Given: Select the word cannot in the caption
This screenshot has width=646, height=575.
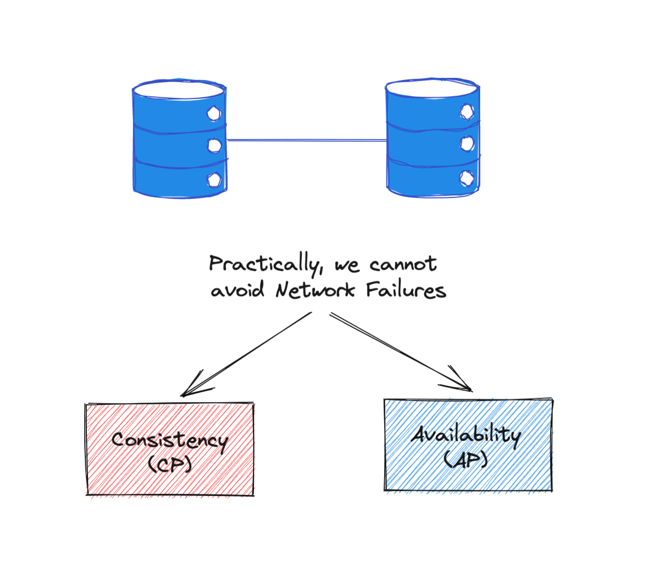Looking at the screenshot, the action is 403,264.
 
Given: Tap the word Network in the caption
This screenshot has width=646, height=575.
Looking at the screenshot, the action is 315,290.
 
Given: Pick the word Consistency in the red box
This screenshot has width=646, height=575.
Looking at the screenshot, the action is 170,441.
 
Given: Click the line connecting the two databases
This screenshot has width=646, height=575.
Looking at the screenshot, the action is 307,140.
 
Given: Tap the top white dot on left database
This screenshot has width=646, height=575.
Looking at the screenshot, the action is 214,113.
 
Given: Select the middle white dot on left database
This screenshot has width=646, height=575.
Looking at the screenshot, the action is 214,146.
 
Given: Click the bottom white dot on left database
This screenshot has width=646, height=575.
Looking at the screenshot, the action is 214,180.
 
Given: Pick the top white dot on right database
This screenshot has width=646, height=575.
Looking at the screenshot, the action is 467,112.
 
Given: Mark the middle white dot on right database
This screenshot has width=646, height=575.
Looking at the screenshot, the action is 467,143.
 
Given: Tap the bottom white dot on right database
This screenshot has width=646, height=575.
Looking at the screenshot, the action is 467,178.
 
